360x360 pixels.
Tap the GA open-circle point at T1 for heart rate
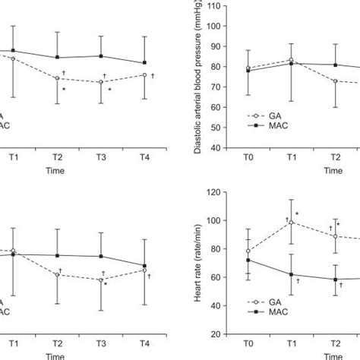(x=292, y=223)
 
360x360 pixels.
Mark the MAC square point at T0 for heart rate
(x=248, y=260)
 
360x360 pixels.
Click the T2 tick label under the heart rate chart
(x=335, y=343)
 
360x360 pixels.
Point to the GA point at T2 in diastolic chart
(x=335, y=81)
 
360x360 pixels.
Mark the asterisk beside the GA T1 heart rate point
(x=298, y=214)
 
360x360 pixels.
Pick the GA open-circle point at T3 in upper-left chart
(x=101, y=82)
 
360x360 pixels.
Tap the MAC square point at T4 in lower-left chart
(x=144, y=266)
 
